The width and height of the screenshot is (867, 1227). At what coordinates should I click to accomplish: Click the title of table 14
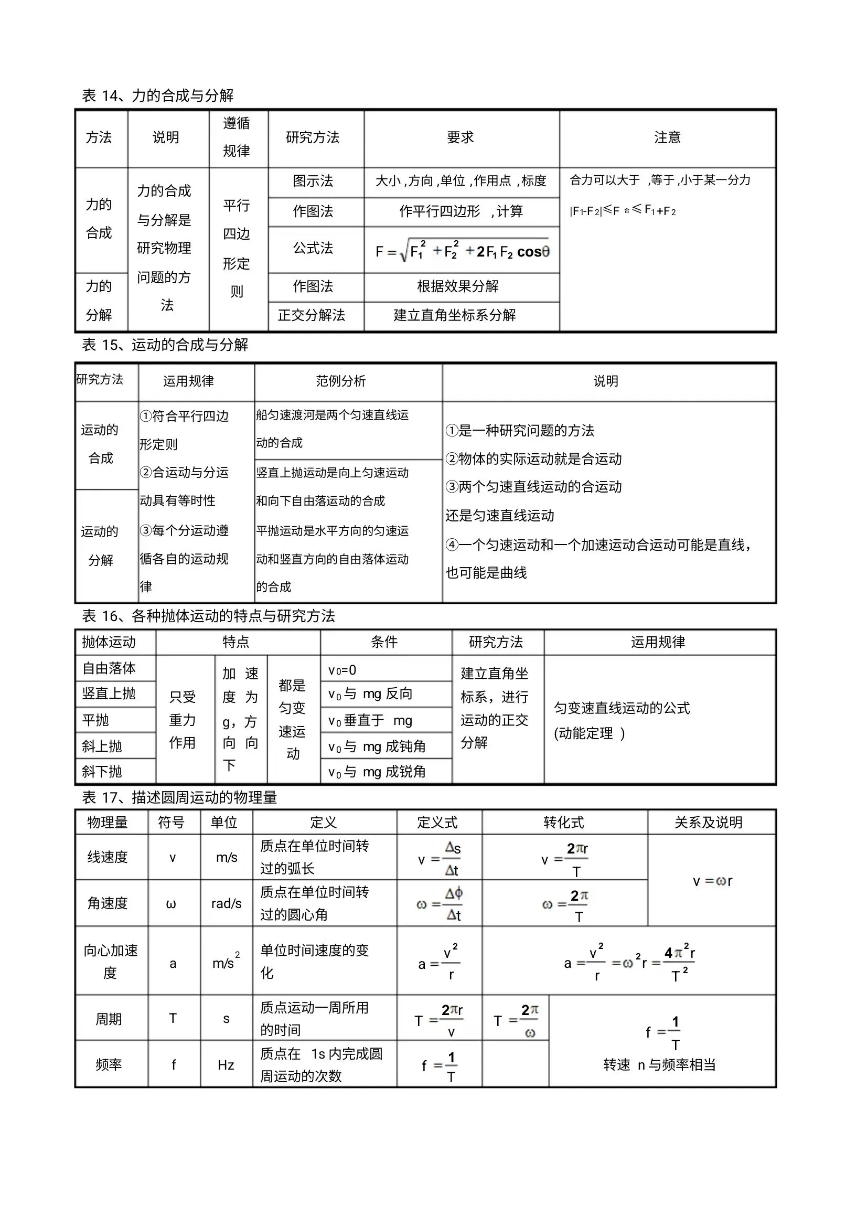[x=157, y=95]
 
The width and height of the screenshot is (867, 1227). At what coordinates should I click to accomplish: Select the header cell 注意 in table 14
[x=667, y=138]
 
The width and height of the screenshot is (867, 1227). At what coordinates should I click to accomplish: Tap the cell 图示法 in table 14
[x=313, y=181]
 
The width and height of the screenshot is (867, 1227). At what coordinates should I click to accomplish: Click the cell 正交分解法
[x=312, y=315]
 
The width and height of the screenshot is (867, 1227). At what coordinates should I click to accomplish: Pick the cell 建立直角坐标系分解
[x=455, y=315]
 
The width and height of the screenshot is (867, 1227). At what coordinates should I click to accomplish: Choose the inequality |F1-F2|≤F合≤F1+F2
[x=623, y=210]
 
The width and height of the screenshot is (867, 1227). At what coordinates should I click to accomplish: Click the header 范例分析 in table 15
[x=341, y=381]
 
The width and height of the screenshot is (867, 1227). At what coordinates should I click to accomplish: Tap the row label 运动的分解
[x=100, y=546]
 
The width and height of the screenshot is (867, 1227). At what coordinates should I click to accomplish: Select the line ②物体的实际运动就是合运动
[x=533, y=458]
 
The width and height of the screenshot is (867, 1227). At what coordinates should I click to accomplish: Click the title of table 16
[x=208, y=616]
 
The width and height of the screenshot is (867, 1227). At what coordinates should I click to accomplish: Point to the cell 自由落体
[x=109, y=668]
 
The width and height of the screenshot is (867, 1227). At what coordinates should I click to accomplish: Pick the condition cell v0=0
[x=342, y=670]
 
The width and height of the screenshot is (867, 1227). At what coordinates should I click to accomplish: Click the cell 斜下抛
[x=102, y=771]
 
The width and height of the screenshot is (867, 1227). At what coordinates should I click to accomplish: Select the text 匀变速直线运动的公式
[x=622, y=708]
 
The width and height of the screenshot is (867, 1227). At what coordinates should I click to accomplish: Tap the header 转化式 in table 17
[x=564, y=823]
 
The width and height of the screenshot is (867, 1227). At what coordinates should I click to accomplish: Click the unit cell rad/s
[x=227, y=904]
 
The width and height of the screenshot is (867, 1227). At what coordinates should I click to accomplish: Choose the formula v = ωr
[x=712, y=881]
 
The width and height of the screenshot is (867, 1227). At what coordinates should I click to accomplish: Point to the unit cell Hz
[x=226, y=1065]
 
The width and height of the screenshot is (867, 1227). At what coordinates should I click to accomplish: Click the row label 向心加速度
[x=111, y=962]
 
